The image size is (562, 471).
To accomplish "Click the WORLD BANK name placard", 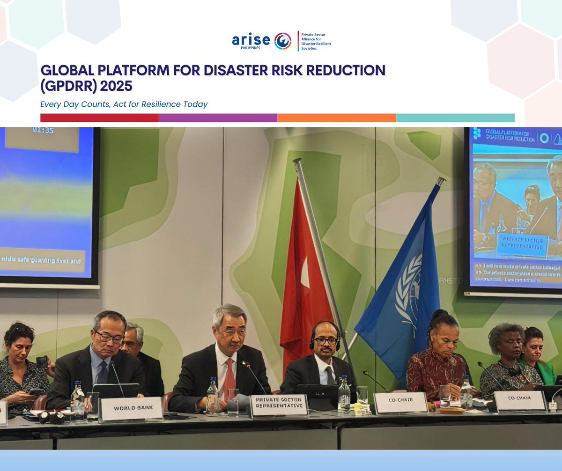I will click(132, 409).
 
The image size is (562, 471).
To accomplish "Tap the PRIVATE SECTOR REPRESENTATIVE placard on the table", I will click(279, 405).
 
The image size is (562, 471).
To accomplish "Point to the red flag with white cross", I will click(304, 272).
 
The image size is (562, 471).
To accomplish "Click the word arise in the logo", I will click(251, 40).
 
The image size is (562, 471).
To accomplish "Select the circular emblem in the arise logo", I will click(283, 41).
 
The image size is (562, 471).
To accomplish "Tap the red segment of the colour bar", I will click(99, 118).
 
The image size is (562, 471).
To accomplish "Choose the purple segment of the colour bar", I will click(218, 118).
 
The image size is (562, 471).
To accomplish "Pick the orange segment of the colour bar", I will click(336, 118).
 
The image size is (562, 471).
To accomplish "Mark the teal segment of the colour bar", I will click(455, 118).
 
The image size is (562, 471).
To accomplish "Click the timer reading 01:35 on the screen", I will click(43, 130).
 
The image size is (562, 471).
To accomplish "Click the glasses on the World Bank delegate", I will click(109, 336).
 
